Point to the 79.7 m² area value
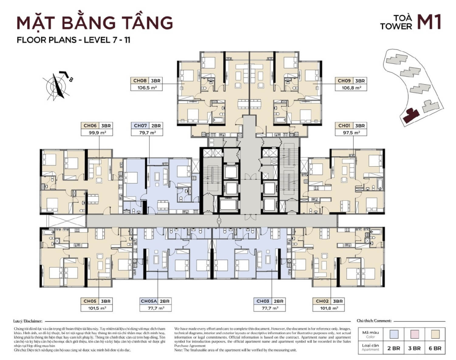pos(147,133)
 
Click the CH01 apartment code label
pos(344,125)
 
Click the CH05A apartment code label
pos(149,301)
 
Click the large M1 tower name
pos(429,22)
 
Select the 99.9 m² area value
pos(96,133)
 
